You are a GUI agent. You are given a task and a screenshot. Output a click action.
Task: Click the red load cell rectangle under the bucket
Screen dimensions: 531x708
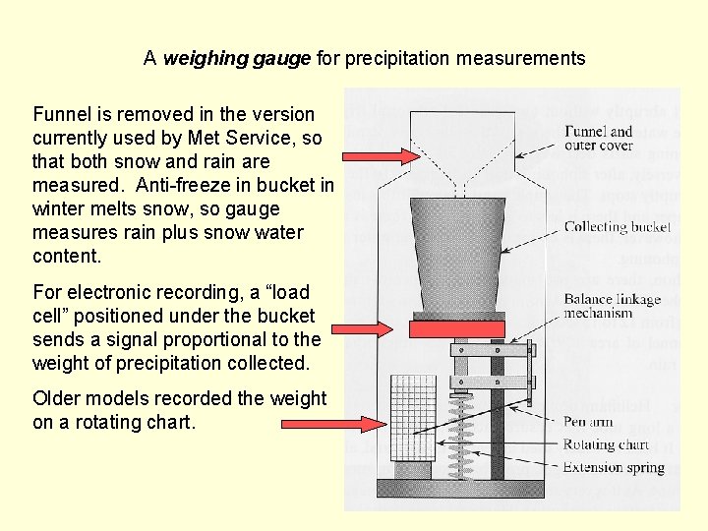[457, 328]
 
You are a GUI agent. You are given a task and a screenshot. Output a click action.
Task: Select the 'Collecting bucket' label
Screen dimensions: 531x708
[617, 227]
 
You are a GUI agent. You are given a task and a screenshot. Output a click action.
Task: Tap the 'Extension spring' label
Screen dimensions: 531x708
[614, 467]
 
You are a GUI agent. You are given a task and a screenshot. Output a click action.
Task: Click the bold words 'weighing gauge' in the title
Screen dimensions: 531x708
[236, 59]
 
